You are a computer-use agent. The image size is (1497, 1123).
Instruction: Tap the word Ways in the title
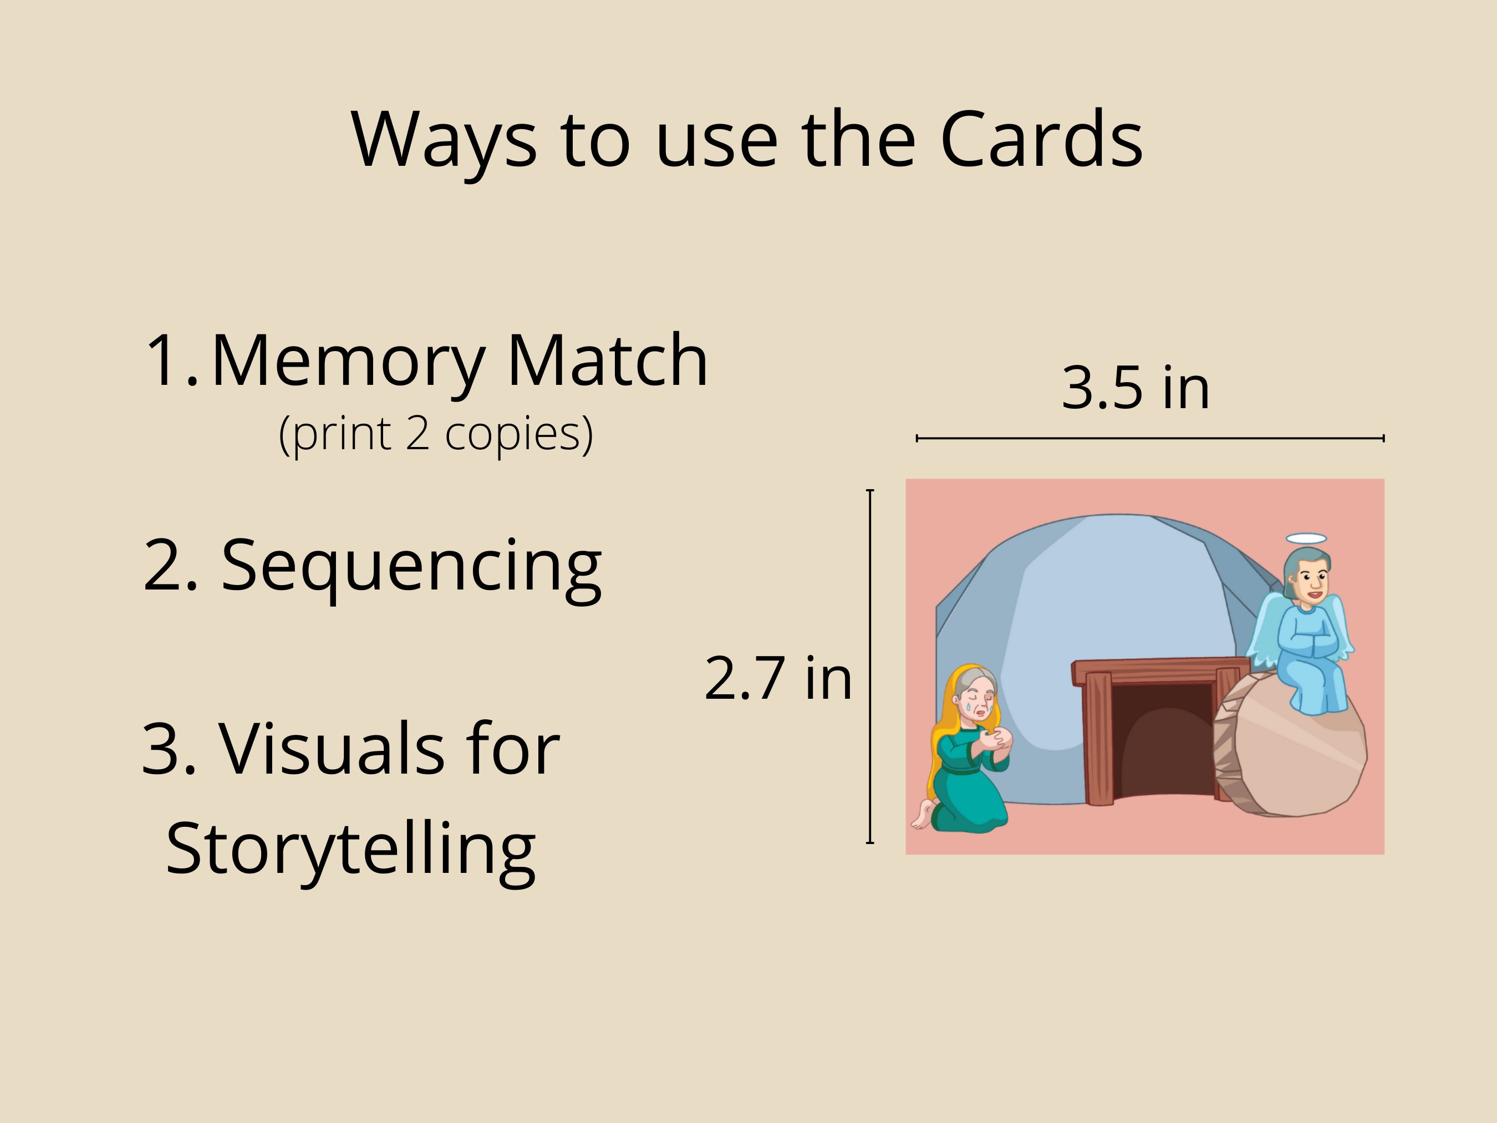(444, 141)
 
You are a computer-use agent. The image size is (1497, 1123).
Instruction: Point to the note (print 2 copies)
(436, 434)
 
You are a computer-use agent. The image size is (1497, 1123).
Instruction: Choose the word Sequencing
(411, 566)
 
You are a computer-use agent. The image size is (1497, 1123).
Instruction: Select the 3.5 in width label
(1135, 388)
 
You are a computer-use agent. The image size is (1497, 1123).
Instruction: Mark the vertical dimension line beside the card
(870, 667)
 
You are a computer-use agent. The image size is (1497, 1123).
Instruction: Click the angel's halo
(1306, 539)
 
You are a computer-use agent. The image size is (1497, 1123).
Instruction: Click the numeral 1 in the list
(162, 361)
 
